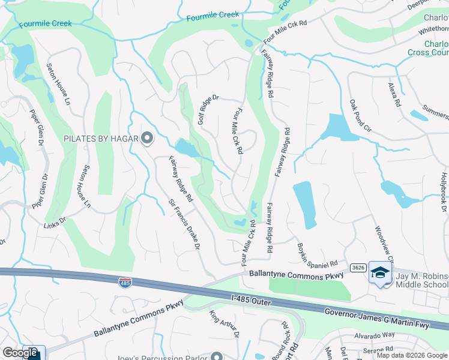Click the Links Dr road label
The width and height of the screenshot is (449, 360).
click(x=53, y=226)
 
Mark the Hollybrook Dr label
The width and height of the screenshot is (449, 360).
click(x=444, y=193)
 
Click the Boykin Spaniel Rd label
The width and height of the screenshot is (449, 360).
click(x=318, y=255)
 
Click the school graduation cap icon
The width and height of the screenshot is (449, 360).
click(x=379, y=273)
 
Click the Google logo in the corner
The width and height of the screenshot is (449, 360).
click(x=20, y=353)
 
